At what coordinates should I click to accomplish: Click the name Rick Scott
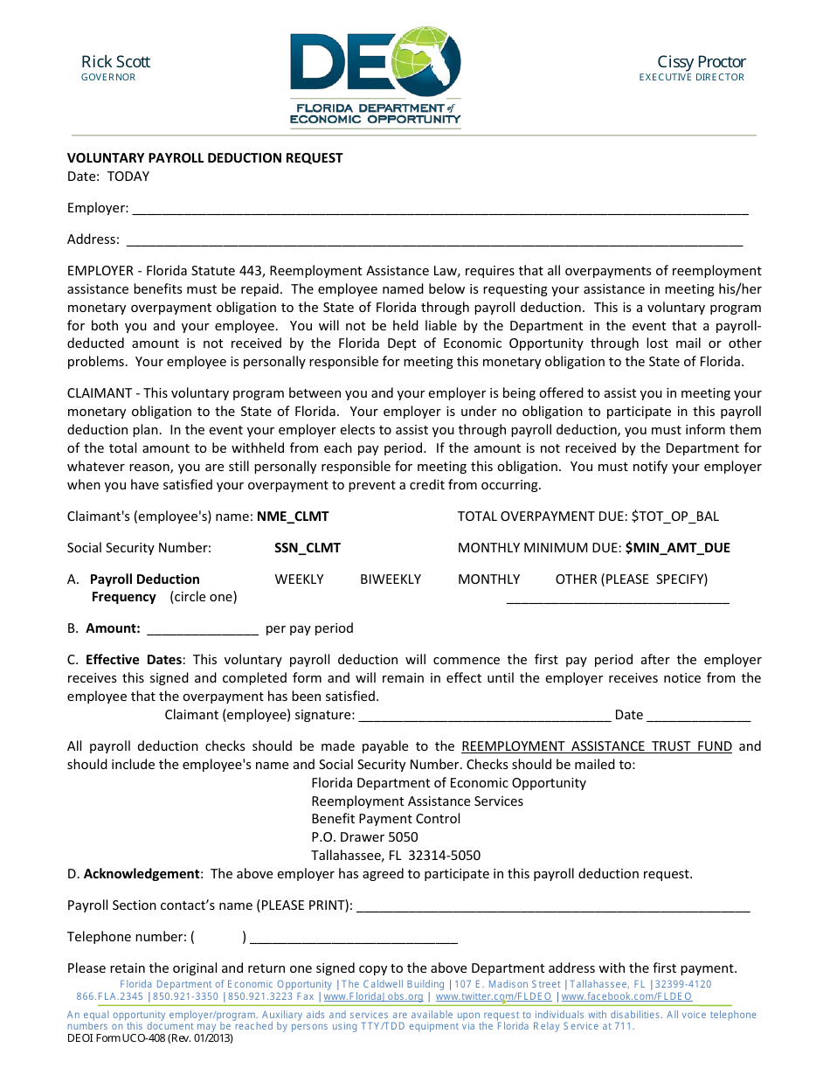pos(115,61)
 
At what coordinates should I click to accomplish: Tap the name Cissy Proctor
pos(701,61)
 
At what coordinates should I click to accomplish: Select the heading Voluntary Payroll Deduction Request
pos(205,158)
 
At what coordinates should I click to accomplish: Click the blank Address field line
pos(434,241)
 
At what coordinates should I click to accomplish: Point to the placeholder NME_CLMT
pos(293,517)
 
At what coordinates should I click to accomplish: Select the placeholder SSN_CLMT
pos(308,548)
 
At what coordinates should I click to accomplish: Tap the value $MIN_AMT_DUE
pos(678,548)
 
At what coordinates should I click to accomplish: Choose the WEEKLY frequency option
pos(299,579)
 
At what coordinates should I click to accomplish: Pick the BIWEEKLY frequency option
pos(391,579)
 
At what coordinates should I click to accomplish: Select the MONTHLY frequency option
pos(488,579)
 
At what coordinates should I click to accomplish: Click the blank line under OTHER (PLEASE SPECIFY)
pos(618,600)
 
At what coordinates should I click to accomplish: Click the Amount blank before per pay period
pos(203,629)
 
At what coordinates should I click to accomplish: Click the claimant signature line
pos(484,717)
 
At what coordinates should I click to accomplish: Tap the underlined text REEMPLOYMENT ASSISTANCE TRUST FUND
pos(597,746)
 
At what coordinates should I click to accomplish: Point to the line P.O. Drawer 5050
pos(364,837)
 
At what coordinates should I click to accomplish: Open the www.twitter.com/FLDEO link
pos(494,996)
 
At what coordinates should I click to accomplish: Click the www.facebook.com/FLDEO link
pos(626,996)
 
